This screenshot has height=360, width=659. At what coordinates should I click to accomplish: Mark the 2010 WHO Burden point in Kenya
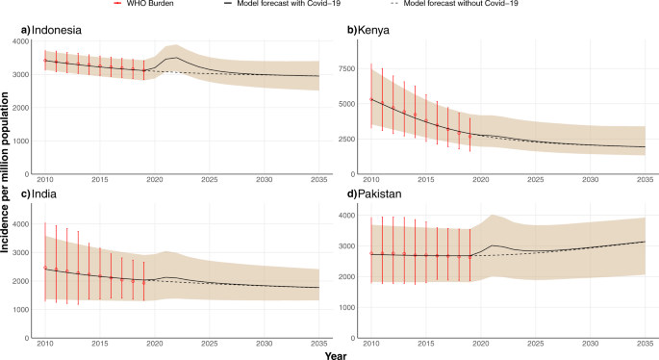(371, 99)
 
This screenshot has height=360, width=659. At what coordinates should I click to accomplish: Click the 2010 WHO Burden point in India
(45, 268)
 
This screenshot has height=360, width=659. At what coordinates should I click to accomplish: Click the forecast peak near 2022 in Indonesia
(174, 58)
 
